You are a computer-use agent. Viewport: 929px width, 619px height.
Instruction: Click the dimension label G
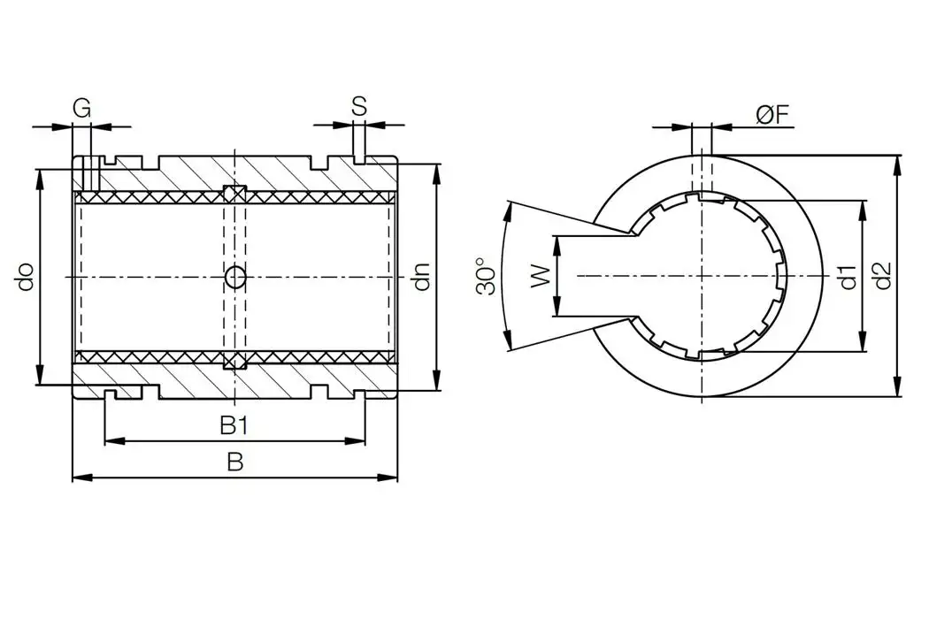[81, 108]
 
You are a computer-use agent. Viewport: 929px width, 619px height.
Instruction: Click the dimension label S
[358, 106]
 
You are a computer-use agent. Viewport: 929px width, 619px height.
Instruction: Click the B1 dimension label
[234, 426]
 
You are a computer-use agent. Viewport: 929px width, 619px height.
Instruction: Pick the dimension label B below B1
[234, 462]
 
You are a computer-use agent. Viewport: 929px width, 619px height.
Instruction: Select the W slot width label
[538, 276]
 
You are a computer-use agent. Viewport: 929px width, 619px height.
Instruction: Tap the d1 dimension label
[848, 277]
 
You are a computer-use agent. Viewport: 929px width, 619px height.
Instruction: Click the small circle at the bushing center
[235, 278]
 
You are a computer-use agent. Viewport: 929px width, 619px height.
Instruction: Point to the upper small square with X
[234, 194]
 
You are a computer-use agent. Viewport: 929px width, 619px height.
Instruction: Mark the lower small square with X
[234, 361]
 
